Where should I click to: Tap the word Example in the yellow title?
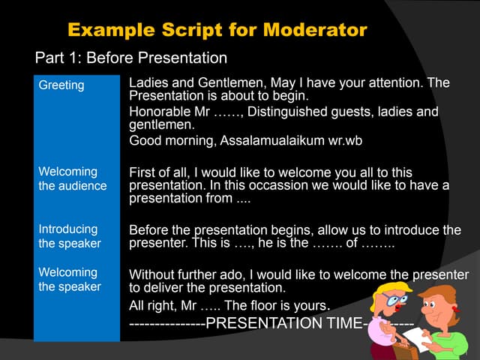click(108, 30)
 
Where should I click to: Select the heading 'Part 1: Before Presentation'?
click(130, 58)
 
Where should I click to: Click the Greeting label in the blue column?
click(61, 85)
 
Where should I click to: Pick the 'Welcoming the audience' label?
click(73, 178)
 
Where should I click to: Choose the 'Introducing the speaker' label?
click(69, 236)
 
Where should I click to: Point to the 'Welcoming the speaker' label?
click(68, 279)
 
